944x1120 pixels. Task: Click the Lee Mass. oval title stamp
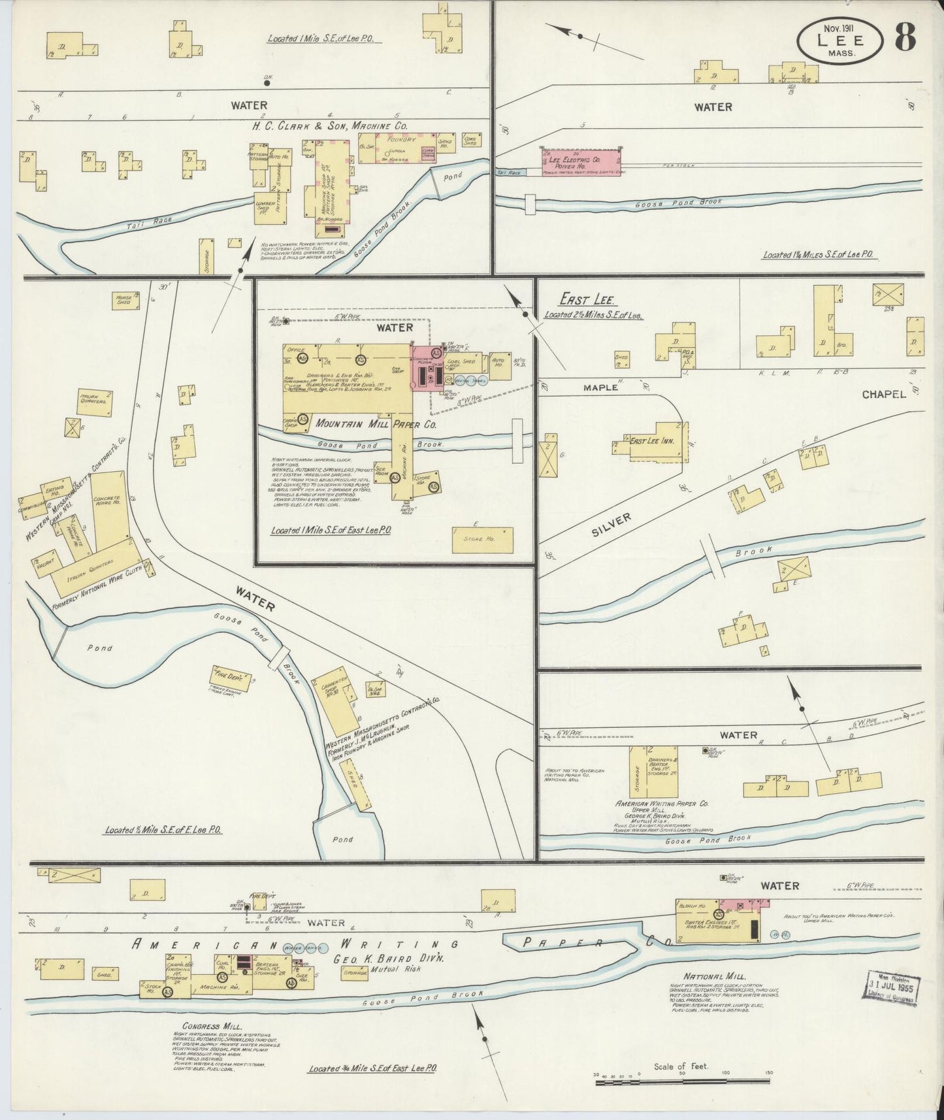pyautogui.click(x=839, y=41)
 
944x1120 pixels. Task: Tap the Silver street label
pyautogui.click(x=611, y=524)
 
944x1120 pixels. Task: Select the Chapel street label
pyautogui.click(x=883, y=395)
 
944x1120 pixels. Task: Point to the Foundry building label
pyautogui.click(x=401, y=140)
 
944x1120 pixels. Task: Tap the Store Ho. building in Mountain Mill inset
pyautogui.click(x=482, y=539)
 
